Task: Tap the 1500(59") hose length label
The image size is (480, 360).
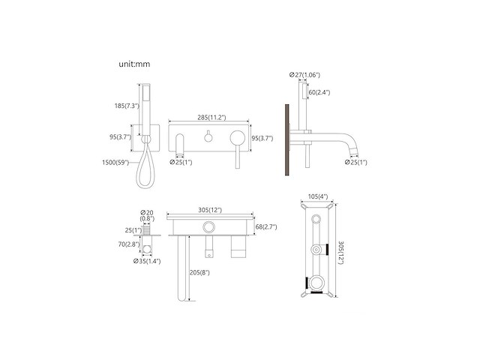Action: (115, 162)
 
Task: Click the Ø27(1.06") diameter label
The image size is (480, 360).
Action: (306, 74)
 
